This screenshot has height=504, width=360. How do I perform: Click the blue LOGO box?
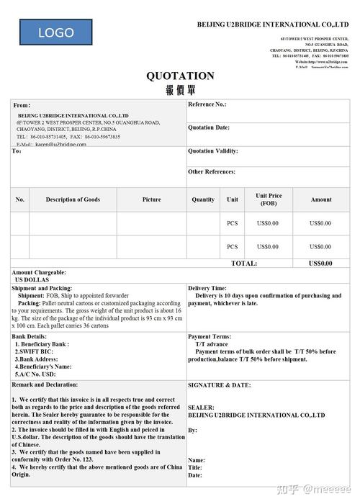[x=56, y=32]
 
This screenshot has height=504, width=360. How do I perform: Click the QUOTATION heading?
[x=180, y=76]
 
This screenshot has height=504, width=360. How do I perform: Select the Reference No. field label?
[x=207, y=105]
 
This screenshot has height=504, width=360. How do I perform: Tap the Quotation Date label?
[x=209, y=128]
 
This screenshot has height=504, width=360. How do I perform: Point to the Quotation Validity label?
[x=212, y=152]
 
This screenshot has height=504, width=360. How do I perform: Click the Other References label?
[x=212, y=172]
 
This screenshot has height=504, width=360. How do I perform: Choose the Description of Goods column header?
[x=73, y=199]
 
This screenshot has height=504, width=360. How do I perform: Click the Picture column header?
[x=151, y=199]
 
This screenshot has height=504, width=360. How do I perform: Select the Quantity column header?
[x=203, y=199]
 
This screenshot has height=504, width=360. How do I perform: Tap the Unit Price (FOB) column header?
[x=269, y=199]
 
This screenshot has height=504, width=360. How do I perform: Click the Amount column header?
[x=321, y=199]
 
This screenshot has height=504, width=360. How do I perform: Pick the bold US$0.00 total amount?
[x=320, y=264]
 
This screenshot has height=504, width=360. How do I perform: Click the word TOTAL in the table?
[x=244, y=264]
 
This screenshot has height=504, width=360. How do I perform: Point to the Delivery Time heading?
[x=207, y=288]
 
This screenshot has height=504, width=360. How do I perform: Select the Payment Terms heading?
[x=210, y=336]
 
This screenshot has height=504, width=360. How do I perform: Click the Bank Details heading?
[x=30, y=336]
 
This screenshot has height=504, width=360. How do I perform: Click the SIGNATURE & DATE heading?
[x=219, y=385]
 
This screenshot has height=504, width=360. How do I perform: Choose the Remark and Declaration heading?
[x=45, y=385]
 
